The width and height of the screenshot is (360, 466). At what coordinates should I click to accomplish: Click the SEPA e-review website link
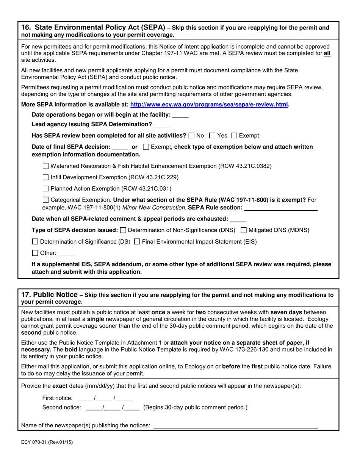[x=209, y=105]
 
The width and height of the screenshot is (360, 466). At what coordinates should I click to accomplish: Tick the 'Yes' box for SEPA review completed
[x=213, y=136]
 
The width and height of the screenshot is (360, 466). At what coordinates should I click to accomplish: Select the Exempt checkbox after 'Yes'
[x=234, y=136]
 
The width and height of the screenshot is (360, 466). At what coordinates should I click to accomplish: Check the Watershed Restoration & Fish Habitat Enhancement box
[x=46, y=166]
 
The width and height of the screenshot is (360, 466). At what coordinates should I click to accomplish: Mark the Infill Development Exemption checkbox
[x=46, y=177]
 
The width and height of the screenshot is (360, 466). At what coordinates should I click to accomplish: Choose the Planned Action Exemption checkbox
[x=46, y=189]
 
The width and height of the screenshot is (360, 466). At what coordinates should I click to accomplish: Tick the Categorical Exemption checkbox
[x=46, y=200]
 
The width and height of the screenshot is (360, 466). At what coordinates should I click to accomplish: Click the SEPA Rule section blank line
[x=281, y=208]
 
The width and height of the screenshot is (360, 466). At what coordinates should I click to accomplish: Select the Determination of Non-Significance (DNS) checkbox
[x=123, y=230]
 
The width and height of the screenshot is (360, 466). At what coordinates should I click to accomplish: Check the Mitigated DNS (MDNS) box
[x=244, y=230]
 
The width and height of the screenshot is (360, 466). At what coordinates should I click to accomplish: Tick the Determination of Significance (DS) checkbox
[x=35, y=242]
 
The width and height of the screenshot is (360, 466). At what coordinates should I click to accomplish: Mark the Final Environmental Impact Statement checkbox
[x=138, y=242]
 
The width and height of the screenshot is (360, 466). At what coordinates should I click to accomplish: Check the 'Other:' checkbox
[x=35, y=253]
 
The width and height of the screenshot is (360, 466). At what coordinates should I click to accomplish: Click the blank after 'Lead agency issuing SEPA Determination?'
[x=162, y=125]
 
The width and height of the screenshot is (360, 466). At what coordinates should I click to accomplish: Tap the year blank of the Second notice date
[x=132, y=408]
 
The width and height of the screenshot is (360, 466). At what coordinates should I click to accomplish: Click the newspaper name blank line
[x=235, y=426]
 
